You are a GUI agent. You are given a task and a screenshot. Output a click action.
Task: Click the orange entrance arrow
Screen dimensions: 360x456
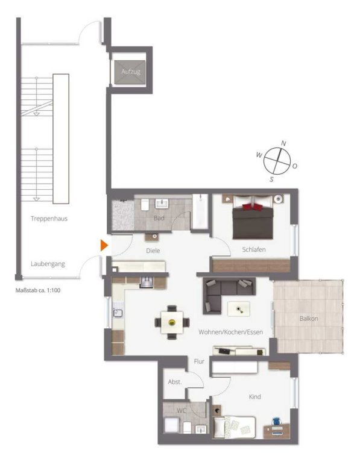(x=104, y=245)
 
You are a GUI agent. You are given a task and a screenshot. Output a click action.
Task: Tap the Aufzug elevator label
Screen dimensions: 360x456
(x=131, y=71)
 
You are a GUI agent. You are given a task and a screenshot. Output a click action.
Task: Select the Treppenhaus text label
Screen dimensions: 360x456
(x=49, y=219)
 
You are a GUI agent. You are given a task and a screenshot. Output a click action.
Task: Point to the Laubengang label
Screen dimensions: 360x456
(x=48, y=264)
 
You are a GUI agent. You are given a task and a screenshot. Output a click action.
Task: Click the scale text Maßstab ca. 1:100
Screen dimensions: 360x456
(x=38, y=290)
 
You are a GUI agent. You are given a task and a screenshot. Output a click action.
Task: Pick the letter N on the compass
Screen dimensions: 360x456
(x=283, y=143)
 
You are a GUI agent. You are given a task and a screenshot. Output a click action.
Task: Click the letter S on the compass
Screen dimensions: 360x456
(x=271, y=179)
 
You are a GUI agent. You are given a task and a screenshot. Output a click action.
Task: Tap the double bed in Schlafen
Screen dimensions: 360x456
(x=253, y=217)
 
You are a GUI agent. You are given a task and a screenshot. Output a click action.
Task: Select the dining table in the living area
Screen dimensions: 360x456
(x=172, y=322)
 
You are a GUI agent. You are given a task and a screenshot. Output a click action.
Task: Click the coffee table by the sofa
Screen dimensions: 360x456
(x=239, y=309)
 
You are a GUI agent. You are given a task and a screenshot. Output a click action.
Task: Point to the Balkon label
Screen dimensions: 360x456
(x=309, y=319)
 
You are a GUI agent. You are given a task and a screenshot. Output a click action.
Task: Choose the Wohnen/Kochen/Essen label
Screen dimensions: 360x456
(x=230, y=332)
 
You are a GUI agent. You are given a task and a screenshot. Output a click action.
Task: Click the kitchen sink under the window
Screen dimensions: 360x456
(x=118, y=313)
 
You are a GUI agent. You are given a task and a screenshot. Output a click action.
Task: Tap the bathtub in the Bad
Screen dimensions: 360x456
(x=200, y=211)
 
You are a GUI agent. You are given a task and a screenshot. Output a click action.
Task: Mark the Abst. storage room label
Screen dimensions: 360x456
(x=175, y=382)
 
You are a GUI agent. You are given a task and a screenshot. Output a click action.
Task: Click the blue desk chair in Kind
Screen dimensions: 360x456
(x=276, y=422)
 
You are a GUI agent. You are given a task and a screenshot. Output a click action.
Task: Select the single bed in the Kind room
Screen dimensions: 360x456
(x=235, y=427)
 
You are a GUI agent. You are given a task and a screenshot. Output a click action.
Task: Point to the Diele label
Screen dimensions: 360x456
(x=153, y=251)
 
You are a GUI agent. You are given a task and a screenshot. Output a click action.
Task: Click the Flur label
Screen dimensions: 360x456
(x=199, y=361)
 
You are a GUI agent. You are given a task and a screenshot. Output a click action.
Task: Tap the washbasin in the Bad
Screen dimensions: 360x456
(x=162, y=204)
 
